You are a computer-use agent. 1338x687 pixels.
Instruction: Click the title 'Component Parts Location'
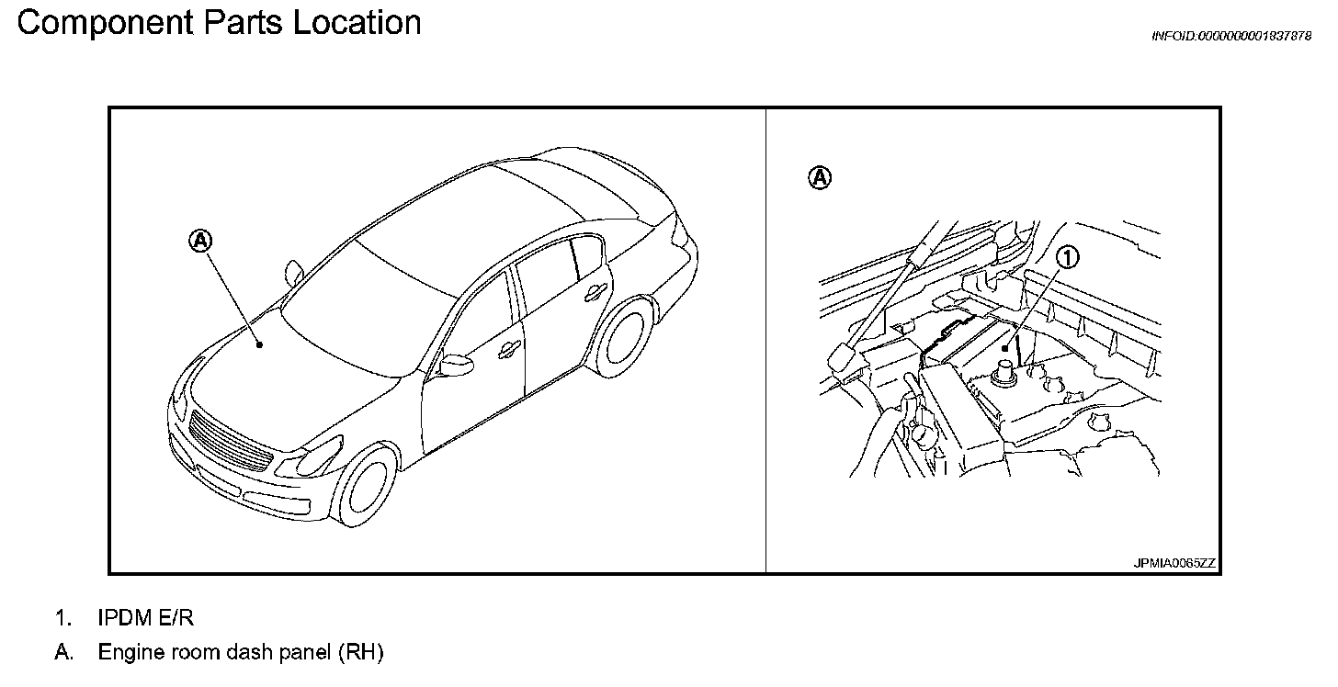(x=219, y=23)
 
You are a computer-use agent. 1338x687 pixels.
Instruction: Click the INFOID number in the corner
(x=1231, y=36)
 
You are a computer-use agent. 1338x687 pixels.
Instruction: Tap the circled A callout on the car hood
(x=201, y=241)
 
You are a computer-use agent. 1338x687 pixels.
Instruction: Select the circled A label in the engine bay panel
(x=820, y=177)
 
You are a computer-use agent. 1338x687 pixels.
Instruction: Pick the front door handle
(x=505, y=351)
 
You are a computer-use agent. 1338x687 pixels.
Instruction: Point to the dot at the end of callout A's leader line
(x=260, y=345)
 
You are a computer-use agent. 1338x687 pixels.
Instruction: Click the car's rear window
(x=588, y=188)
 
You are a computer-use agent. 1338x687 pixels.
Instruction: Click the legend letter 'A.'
(x=62, y=653)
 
